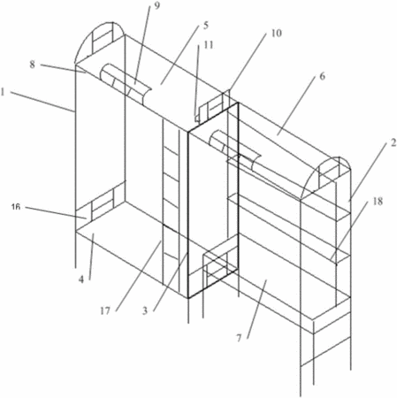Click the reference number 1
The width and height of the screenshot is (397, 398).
[3, 93]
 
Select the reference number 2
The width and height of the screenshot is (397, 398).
[393, 143]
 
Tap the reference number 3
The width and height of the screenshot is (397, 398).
[144, 310]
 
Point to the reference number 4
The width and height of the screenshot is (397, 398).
[81, 279]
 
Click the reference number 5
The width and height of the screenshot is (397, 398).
[205, 26]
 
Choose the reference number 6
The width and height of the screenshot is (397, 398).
[322, 76]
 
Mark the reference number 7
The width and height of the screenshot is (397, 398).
[239, 339]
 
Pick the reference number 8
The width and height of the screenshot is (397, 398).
[32, 65]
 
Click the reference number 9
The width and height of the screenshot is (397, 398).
[157, 5]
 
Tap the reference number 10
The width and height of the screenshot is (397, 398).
[276, 33]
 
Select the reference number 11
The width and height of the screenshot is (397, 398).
[209, 45]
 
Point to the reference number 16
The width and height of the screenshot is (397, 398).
[16, 207]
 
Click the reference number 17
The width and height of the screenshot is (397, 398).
[105, 310]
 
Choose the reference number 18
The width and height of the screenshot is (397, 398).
[377, 202]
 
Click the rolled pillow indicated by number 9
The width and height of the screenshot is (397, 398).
[126, 85]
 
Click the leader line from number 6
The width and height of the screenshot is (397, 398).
[299, 108]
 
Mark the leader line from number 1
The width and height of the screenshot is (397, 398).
[42, 102]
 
